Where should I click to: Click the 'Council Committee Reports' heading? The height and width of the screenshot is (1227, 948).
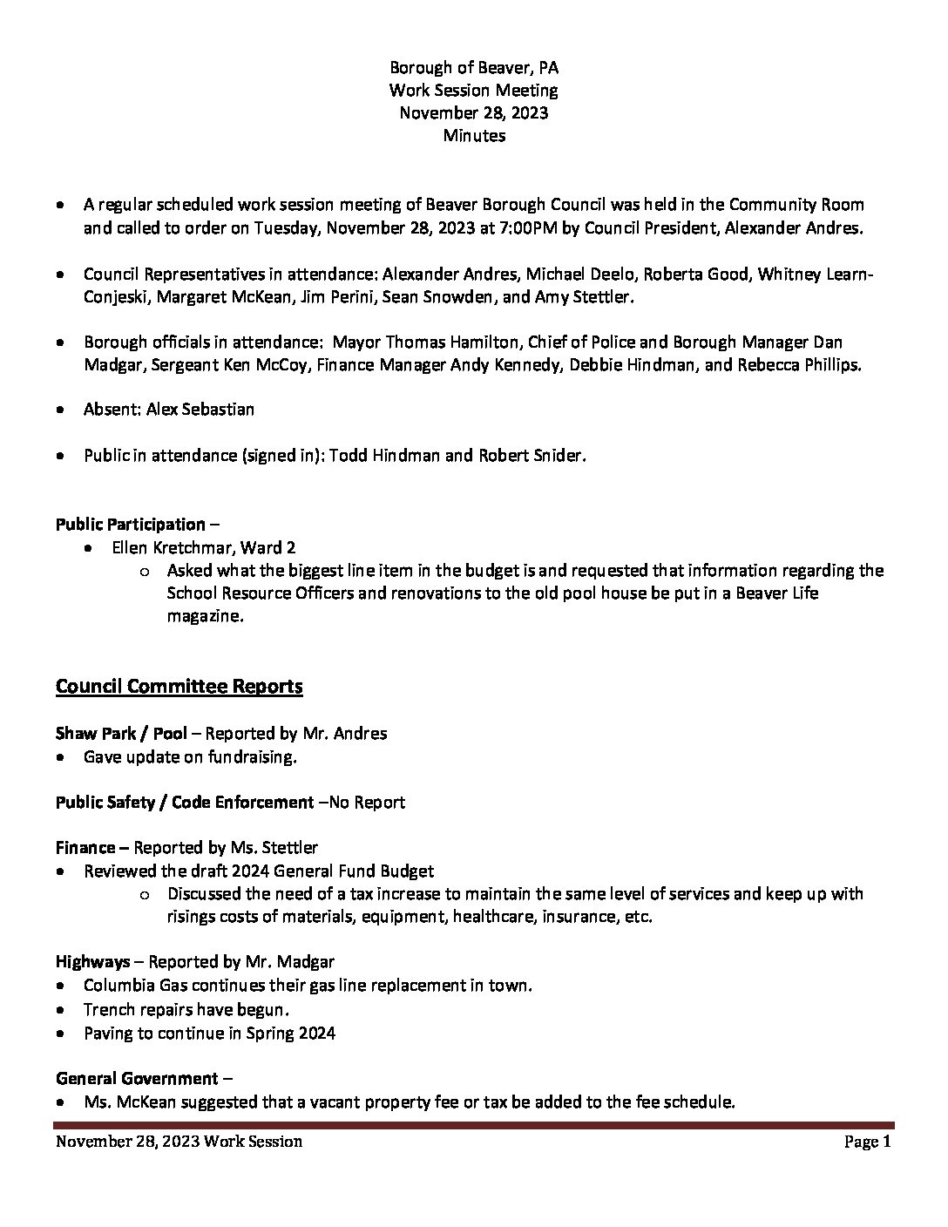point(179,687)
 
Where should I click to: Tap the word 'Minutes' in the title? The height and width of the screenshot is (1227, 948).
point(474,136)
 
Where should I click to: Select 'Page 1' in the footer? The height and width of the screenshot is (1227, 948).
point(867,1142)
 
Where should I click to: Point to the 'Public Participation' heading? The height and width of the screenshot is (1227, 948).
point(131,525)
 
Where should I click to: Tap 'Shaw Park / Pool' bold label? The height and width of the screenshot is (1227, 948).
point(121,734)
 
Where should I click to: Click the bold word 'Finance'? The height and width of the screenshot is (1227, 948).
point(85,847)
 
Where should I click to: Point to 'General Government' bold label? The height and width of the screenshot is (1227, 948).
point(137,1079)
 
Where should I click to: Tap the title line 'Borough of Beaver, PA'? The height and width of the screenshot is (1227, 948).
point(474,67)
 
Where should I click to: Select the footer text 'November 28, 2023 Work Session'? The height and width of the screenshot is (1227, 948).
point(179,1142)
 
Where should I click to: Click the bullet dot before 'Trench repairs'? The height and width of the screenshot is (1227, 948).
point(59,1011)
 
